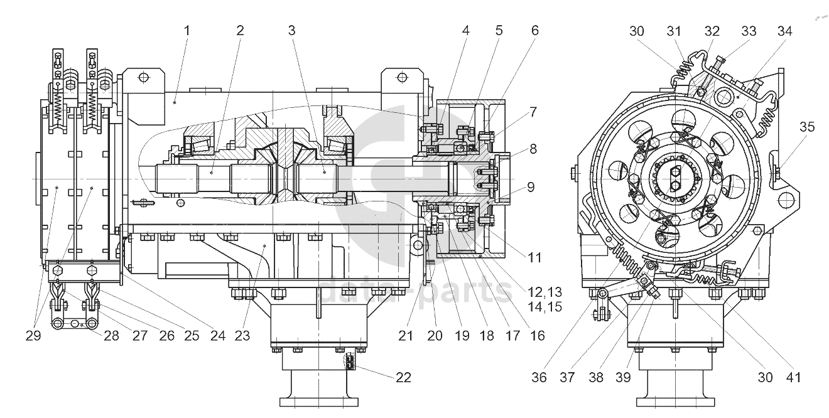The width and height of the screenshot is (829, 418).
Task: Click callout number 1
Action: [187, 31]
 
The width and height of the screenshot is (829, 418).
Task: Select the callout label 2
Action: [241, 31]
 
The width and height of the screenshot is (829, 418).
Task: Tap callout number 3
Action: [292, 31]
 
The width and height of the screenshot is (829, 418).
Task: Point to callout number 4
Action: [466, 31]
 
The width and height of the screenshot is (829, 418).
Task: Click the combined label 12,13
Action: [545, 292]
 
